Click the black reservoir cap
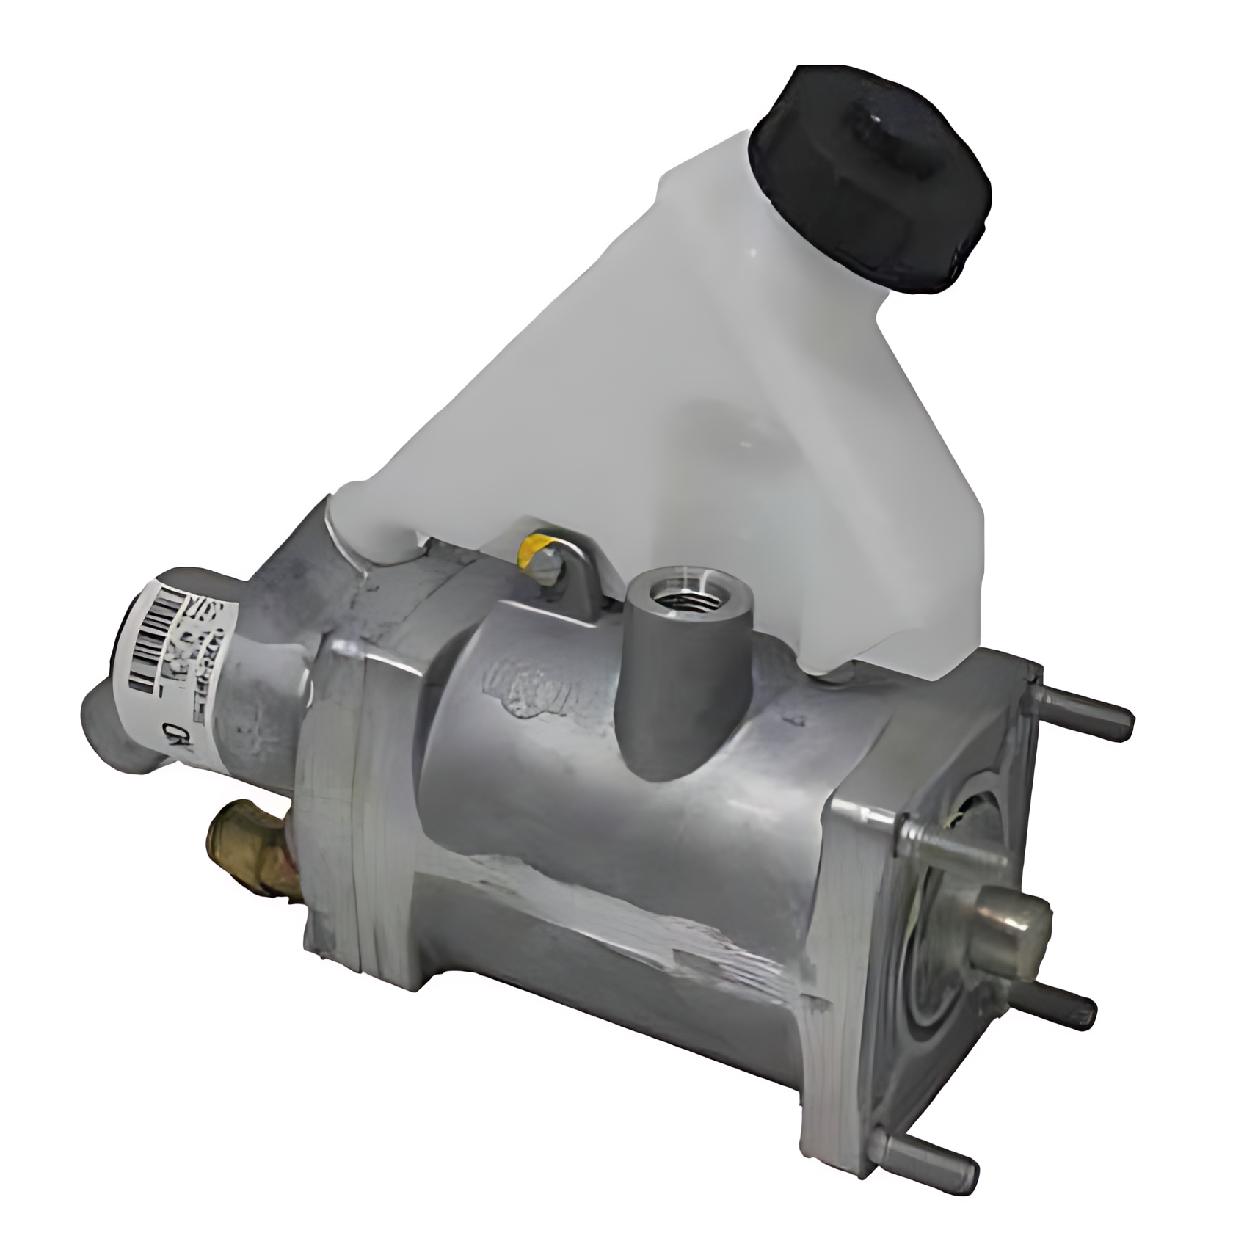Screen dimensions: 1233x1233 [x=870, y=183]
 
